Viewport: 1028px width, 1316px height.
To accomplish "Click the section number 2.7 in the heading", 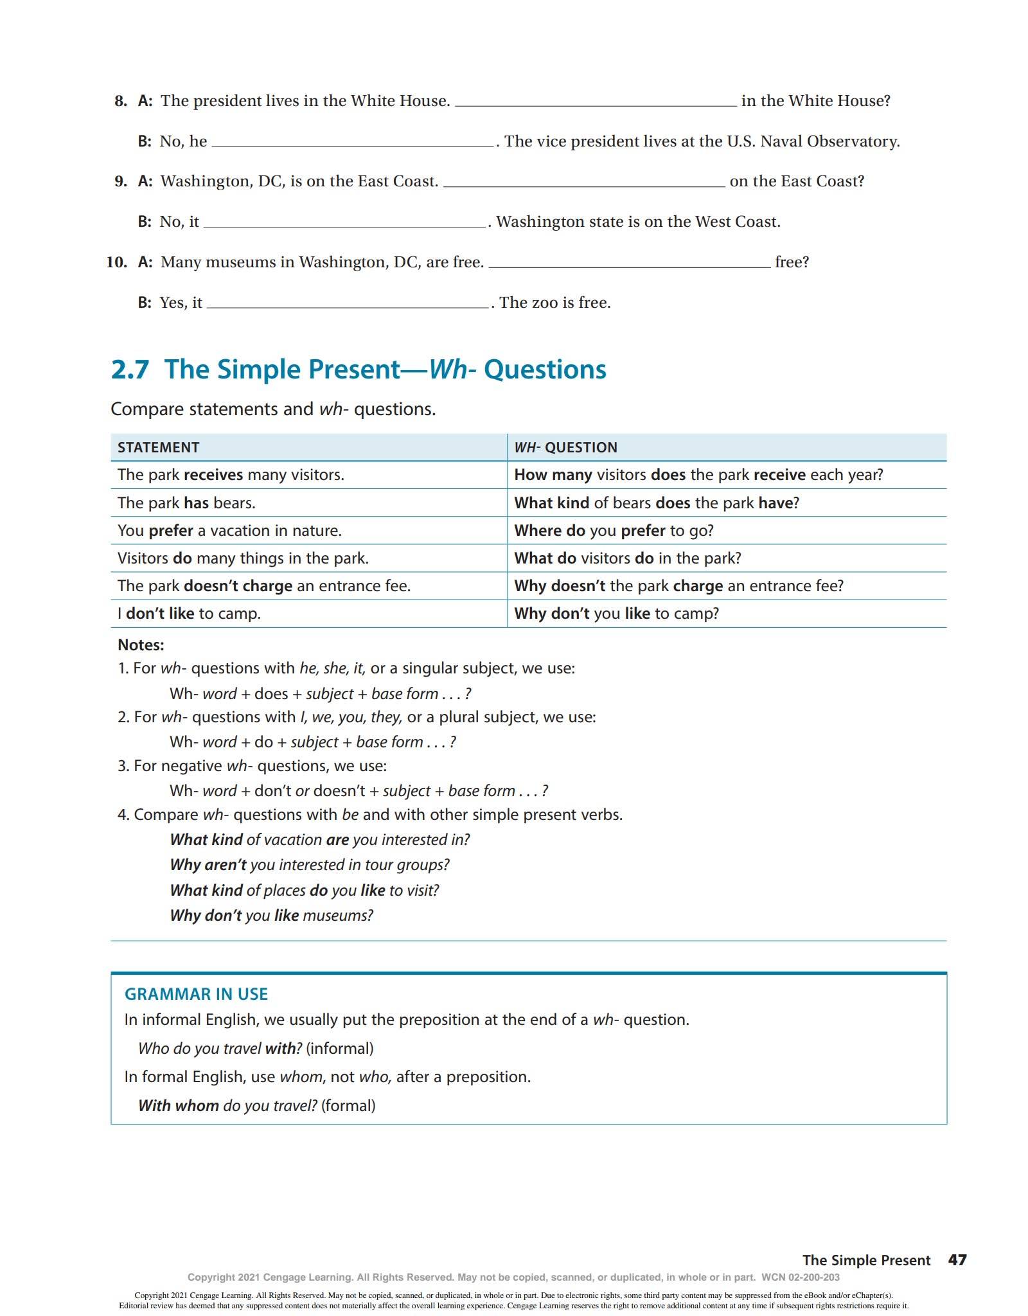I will click(x=130, y=369).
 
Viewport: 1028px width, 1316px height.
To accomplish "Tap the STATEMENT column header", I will click(x=158, y=447).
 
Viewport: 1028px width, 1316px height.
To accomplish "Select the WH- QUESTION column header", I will click(x=565, y=447).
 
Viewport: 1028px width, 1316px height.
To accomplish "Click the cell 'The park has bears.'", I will click(x=186, y=502).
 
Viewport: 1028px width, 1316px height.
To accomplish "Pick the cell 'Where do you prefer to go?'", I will click(x=614, y=530).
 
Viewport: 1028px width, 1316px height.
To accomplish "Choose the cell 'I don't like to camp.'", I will click(x=189, y=613).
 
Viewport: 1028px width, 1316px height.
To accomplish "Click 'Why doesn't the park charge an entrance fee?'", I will click(x=678, y=585).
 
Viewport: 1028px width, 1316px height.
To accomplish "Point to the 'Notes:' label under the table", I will click(x=141, y=645).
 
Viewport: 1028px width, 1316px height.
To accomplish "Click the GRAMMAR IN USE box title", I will click(x=196, y=994).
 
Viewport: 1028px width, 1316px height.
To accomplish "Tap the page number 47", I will click(x=957, y=1260).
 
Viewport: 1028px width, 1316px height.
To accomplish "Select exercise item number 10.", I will click(x=116, y=262).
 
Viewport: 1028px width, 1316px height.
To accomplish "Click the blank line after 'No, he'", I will click(x=352, y=143).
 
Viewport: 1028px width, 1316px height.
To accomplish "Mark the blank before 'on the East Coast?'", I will click(x=583, y=182).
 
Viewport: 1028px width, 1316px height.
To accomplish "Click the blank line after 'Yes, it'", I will click(x=348, y=304).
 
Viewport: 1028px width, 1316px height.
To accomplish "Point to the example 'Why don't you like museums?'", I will click(x=271, y=915).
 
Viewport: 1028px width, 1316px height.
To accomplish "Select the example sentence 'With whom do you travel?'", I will click(x=227, y=1105).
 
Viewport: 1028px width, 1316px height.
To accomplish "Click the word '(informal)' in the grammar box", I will click(x=339, y=1048).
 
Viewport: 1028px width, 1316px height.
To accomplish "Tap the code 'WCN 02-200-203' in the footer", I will click(x=800, y=1277).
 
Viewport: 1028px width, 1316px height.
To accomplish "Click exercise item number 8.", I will click(x=121, y=101).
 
